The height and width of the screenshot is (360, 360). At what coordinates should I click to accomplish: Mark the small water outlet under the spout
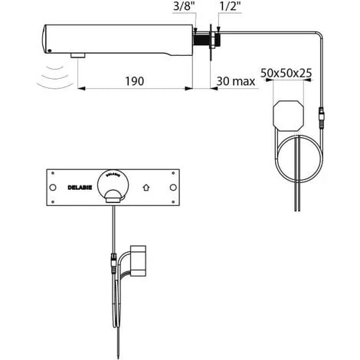[x=77, y=56]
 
